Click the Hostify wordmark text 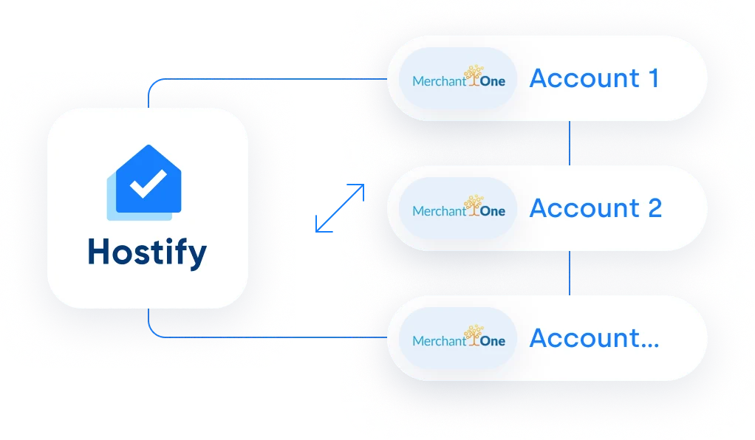coord(147,252)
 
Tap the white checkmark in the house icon coord(148,183)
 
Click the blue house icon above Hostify coord(145,182)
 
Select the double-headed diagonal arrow coord(340,208)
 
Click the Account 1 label coord(594,78)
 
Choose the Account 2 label coord(595,208)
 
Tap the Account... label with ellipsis coord(594,338)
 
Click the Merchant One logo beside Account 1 coord(459,77)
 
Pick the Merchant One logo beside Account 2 coord(459,207)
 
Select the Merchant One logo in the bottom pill coord(459,337)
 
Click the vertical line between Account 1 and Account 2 coord(570,143)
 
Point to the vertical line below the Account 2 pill coord(570,273)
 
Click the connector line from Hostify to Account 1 coord(250,79)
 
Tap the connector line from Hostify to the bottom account coord(250,337)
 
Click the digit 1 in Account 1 coord(654,78)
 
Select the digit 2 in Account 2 coord(655,208)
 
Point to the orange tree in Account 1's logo coord(474,75)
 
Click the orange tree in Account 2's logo coord(474,205)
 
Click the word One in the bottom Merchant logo coord(493,341)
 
